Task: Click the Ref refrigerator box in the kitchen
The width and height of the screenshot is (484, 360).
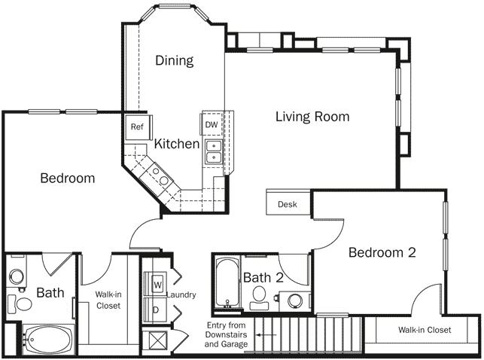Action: tap(137, 127)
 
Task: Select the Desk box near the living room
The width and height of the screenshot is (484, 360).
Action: tap(287, 204)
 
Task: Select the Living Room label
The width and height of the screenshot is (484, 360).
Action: tap(312, 117)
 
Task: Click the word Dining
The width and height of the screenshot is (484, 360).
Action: tap(175, 60)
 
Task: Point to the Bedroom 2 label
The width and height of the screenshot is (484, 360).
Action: tap(382, 252)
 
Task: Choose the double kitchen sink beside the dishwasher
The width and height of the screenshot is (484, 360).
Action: tap(214, 151)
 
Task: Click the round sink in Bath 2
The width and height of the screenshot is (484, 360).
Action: tap(294, 301)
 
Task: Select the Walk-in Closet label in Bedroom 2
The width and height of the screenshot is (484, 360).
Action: tap(425, 330)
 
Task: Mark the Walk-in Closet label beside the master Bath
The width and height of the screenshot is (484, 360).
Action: tap(108, 300)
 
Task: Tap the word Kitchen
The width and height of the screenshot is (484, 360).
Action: tap(177, 143)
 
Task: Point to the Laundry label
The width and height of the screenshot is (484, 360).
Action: tap(181, 294)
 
